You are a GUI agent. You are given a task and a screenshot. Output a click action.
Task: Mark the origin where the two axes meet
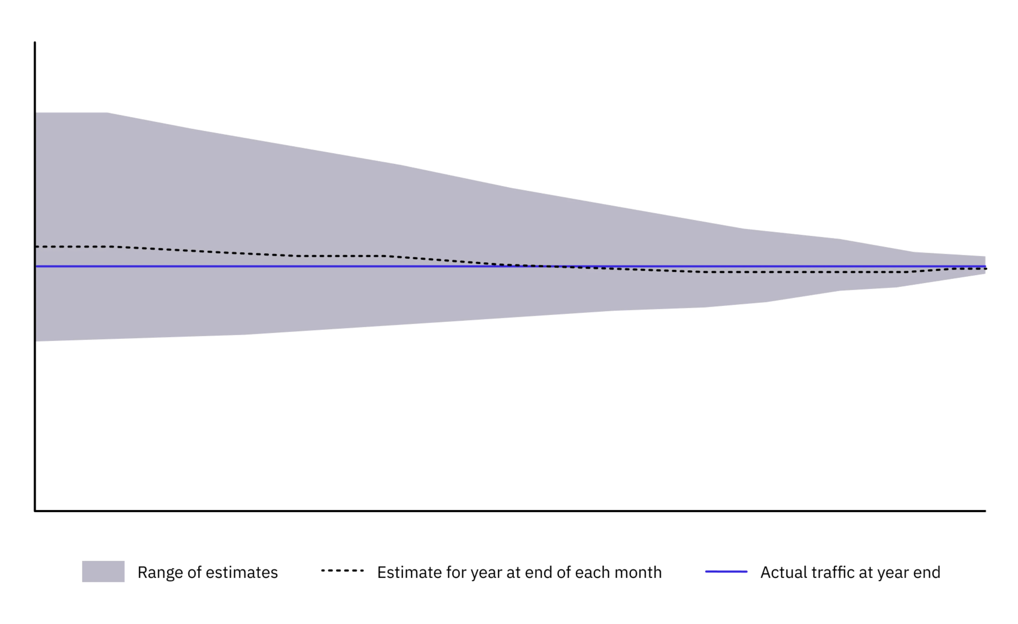[35, 511]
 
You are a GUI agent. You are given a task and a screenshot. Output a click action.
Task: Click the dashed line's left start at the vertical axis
[36, 247]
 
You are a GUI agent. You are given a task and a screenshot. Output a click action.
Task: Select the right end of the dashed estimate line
[986, 269]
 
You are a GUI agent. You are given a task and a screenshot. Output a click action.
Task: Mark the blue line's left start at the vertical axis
[36, 266]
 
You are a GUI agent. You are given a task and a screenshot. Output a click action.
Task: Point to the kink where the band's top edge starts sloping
[107, 113]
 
